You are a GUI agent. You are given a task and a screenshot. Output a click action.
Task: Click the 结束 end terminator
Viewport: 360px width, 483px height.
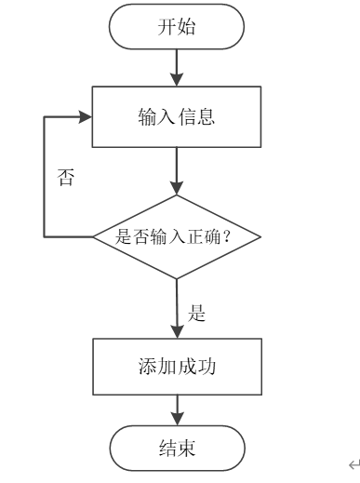pyautogui.click(x=177, y=451)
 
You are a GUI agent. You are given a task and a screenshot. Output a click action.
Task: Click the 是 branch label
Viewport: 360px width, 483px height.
pyautogui.click(x=196, y=314)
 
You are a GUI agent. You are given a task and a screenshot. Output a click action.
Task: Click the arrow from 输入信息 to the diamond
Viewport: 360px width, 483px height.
pyautogui.click(x=177, y=170)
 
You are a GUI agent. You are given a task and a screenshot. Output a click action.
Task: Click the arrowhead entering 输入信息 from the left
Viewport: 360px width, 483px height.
pyautogui.click(x=87, y=117)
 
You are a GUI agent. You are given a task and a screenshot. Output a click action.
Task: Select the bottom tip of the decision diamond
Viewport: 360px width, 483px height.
pyautogui.click(x=177, y=278)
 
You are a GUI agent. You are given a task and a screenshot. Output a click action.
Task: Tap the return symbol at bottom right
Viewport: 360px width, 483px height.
pyautogui.click(x=352, y=465)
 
